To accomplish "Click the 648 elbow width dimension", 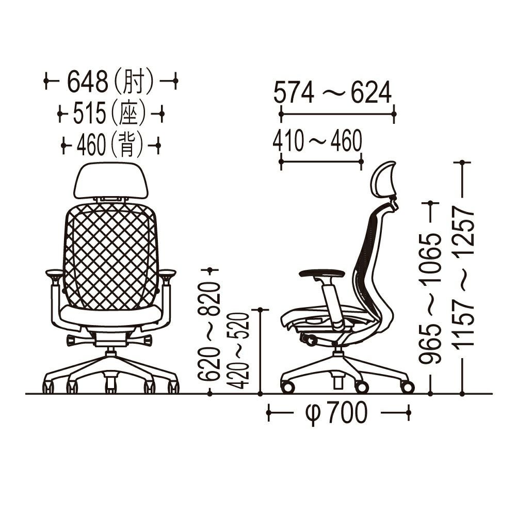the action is [87, 82].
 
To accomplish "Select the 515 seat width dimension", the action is [89, 113].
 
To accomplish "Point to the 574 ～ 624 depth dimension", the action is [332, 92].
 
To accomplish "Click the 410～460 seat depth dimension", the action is [317, 140].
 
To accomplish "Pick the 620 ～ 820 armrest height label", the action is [209, 331].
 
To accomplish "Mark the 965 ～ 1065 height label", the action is [430, 298].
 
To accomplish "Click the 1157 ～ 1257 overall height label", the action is [463, 278].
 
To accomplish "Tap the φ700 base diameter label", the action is [336, 413].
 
